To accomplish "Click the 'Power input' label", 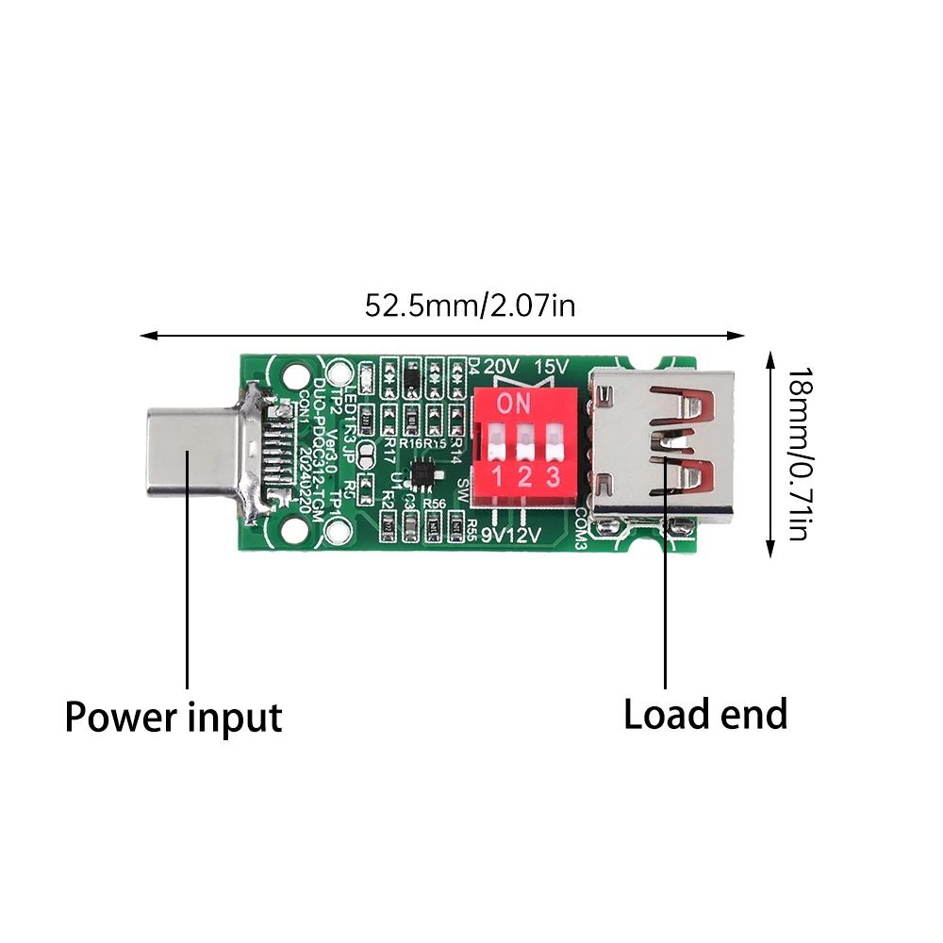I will [174, 718].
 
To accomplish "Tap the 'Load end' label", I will [705, 714].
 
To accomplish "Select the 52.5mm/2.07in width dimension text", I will [470, 306].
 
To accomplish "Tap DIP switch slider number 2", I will [524, 439].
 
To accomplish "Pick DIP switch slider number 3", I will [554, 439].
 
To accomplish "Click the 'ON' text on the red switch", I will [515, 405].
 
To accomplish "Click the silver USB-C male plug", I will [189, 454].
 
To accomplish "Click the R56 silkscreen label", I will [435, 505].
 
